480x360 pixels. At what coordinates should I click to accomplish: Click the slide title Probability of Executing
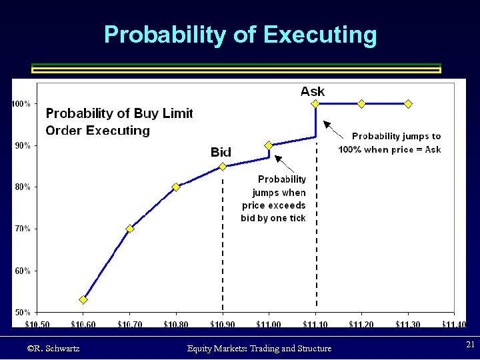tap(240, 35)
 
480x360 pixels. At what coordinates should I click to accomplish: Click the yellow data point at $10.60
tap(83, 299)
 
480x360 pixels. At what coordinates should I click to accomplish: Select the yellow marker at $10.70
tap(130, 229)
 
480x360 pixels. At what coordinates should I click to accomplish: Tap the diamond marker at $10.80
tap(176, 187)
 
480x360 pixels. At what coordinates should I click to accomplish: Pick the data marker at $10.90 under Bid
tap(223, 166)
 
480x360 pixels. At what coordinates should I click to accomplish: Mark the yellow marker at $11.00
tap(269, 145)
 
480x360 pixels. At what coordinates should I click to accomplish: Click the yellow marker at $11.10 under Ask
tap(315, 103)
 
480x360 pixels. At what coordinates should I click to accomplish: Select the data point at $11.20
tap(361, 103)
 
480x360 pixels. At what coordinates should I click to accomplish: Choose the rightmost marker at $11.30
tap(408, 103)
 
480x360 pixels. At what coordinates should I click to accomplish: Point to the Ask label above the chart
tap(313, 91)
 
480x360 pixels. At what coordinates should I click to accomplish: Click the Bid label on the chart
tap(221, 152)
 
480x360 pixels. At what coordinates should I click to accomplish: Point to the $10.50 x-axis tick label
tap(37, 324)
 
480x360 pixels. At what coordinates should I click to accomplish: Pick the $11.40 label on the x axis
tap(454, 324)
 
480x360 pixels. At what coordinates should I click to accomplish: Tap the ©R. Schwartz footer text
tap(53, 348)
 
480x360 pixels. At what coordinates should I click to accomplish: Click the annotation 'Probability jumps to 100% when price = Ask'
tap(391, 143)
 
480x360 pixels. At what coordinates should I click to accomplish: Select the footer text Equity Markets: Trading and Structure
tap(259, 348)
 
